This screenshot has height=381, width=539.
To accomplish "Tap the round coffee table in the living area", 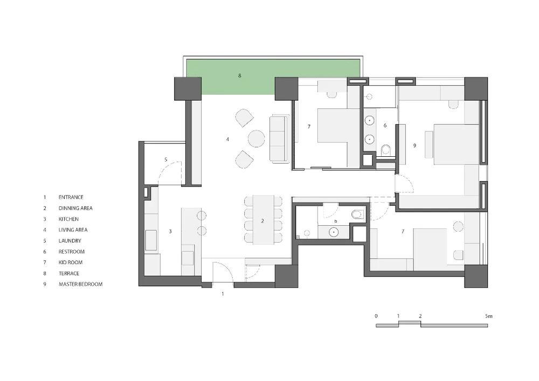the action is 257,138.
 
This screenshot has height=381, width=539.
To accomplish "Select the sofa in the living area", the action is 279,139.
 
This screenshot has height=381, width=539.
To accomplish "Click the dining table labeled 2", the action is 264,220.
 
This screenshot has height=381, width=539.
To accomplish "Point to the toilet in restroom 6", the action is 386,149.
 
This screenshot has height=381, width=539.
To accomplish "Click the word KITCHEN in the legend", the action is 69,219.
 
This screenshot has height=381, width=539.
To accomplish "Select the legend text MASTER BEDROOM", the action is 80,284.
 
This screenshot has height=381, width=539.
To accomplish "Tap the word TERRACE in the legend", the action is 69,273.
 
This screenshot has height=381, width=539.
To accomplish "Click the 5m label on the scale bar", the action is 488,316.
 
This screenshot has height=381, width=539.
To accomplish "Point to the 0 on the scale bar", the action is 376,316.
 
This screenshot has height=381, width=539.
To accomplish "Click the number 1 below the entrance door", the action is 223,294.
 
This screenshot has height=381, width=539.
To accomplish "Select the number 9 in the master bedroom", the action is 414,146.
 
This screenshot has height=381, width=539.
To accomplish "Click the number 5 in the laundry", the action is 165,160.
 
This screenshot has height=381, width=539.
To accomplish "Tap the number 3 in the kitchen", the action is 170,232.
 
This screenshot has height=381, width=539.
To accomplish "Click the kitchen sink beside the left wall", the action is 151,240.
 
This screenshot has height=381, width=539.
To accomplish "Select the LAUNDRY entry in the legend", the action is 70,240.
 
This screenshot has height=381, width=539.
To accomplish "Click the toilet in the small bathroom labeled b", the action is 357,214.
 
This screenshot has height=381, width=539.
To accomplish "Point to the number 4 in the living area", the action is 227,139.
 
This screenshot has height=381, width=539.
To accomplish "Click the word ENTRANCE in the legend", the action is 71,197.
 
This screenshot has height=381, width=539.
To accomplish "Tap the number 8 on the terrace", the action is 240,75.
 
